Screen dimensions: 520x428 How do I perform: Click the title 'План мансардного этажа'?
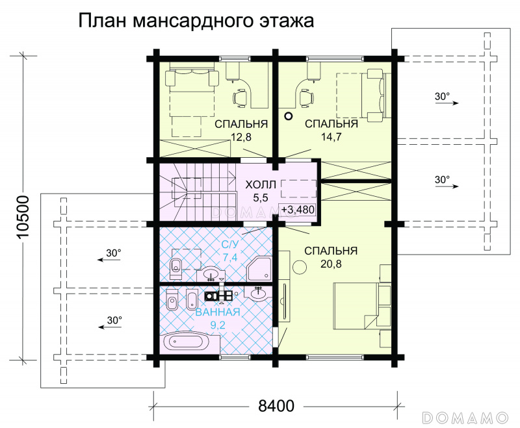tap(196, 21)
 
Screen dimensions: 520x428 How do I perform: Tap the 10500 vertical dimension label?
tap(24, 217)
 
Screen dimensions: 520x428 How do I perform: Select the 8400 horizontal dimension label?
tap(276, 406)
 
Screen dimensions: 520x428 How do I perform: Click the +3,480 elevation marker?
tap(298, 210)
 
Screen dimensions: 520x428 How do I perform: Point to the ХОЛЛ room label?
tap(261, 184)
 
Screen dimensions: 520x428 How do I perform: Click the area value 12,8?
tap(241, 137)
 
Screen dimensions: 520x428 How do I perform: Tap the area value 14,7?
tap(331, 137)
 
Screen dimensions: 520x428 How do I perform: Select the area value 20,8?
tap(331, 264)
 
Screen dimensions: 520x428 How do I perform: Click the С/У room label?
tap(230, 245)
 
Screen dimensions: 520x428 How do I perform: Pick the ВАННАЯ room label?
tap(218, 312)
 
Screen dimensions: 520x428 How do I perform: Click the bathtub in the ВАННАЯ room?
tap(190, 342)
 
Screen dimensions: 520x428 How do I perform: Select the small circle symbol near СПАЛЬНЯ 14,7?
tap(289, 116)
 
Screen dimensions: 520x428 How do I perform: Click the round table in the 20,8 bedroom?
tap(300, 268)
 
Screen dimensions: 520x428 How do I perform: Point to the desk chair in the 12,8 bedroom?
tap(240, 98)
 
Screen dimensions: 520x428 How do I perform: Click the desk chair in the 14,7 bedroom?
tap(306, 98)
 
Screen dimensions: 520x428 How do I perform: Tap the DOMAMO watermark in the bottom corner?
tap(465, 418)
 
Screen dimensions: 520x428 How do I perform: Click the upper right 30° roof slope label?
tap(442, 96)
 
